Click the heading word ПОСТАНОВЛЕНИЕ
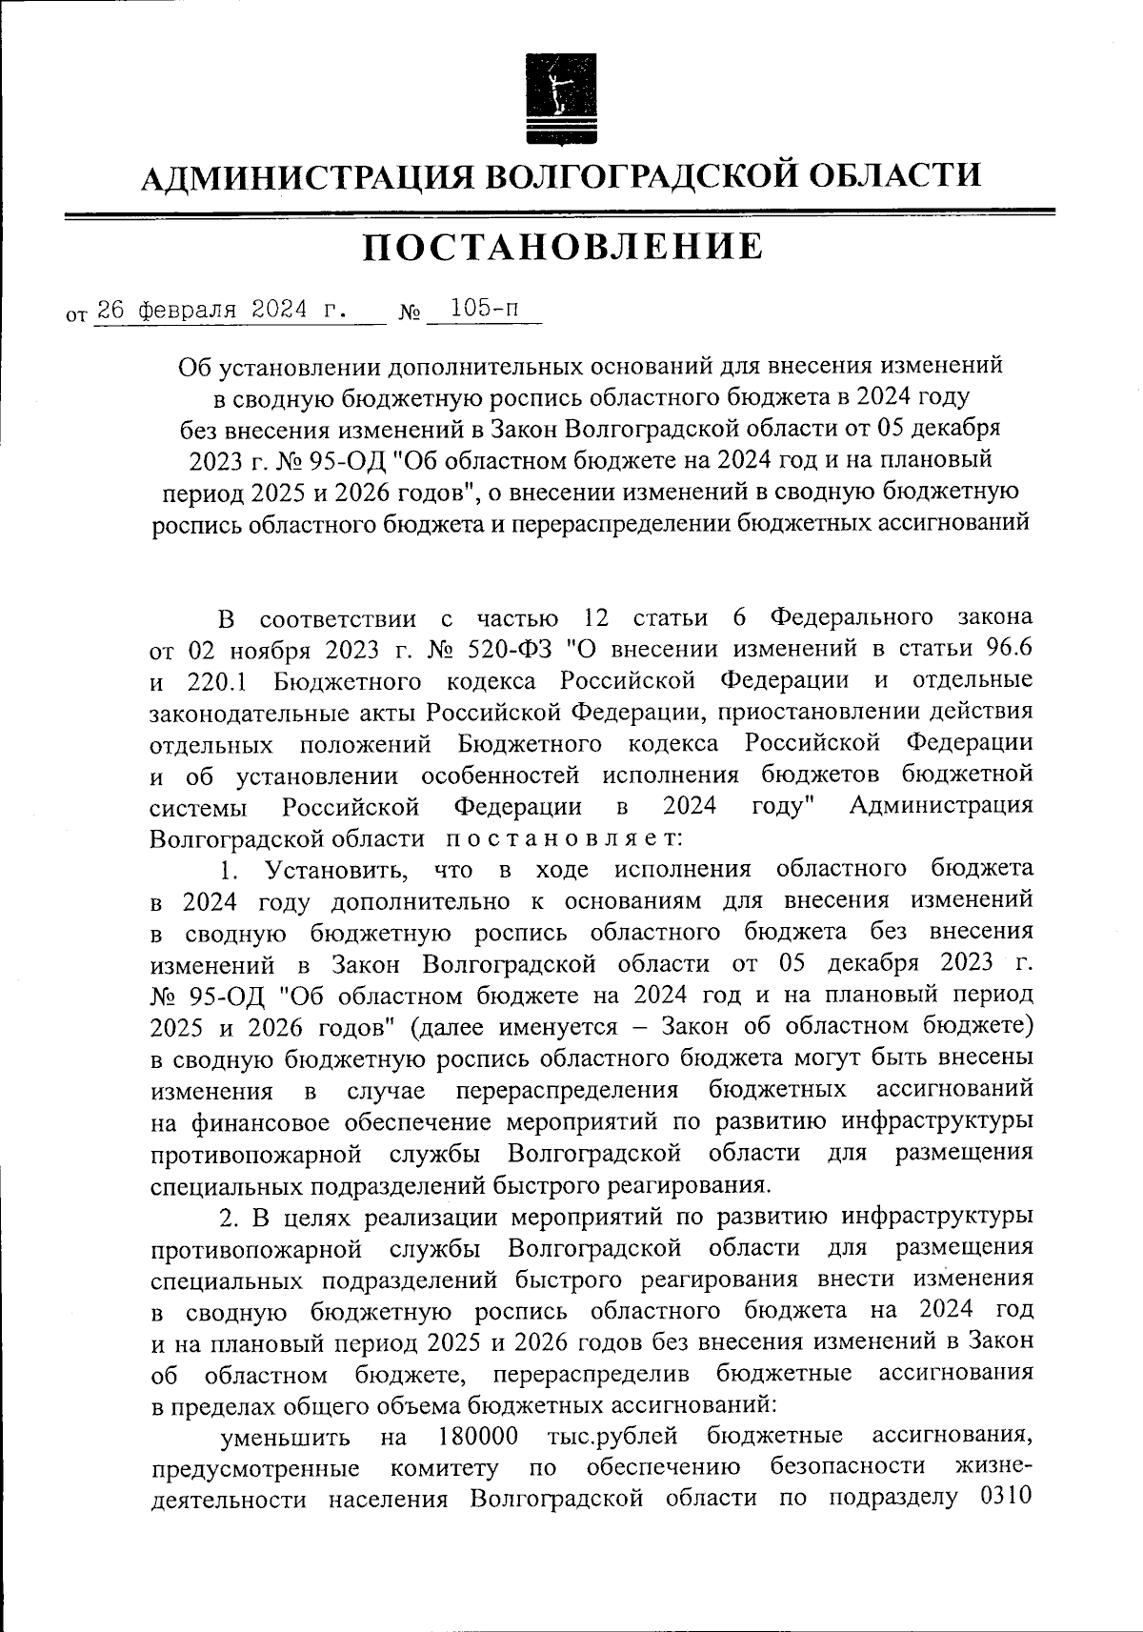click(x=563, y=248)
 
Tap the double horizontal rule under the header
click(x=560, y=214)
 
